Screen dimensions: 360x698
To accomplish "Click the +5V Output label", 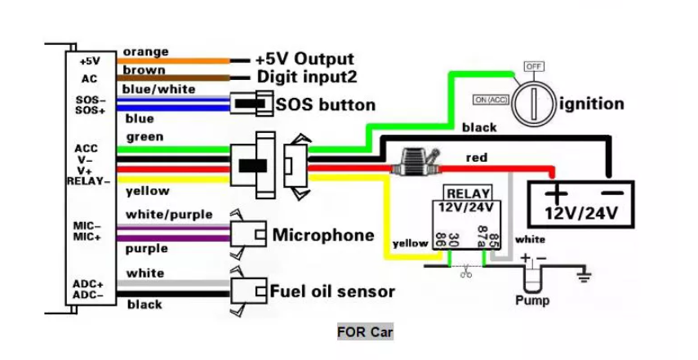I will pos(304,59).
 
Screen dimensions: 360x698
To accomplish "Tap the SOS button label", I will pos(325,104).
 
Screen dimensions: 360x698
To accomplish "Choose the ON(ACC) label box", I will pos(493,100).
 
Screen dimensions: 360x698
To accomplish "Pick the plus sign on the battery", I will pos(557,194).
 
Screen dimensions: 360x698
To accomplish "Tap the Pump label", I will pos(532,300).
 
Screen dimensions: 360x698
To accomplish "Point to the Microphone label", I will pos(322,235).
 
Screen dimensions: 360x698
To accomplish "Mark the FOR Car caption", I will pos(365,332).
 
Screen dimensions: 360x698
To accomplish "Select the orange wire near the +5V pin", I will pos(176,61).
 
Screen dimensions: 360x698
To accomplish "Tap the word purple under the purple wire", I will pos(147,248).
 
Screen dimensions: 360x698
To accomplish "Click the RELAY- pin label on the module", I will pos(87,180).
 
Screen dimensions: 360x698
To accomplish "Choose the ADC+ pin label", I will pos(87,283).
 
